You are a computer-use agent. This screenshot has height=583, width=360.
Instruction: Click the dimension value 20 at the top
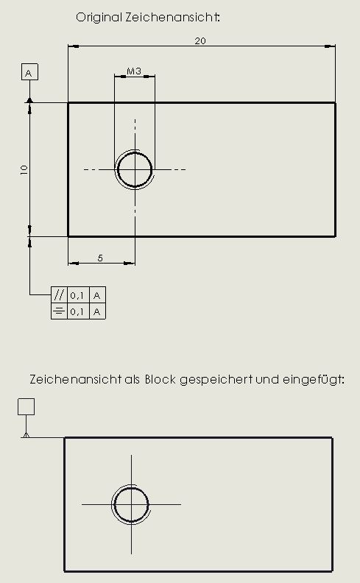(200, 41)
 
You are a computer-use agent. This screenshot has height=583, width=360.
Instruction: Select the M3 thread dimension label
(134, 71)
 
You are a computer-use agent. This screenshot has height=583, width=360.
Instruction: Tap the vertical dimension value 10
(24, 170)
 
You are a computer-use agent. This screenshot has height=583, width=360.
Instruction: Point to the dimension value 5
(100, 258)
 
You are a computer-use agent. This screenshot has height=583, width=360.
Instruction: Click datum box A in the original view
(29, 72)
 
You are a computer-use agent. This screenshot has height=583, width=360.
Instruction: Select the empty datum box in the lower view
(26, 407)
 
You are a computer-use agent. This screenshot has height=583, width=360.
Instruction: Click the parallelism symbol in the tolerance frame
(59, 295)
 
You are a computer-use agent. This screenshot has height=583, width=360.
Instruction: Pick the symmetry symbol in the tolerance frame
(59, 311)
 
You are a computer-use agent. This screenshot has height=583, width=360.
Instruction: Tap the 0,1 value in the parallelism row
(77, 295)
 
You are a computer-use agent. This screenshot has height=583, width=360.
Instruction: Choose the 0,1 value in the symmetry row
(77, 311)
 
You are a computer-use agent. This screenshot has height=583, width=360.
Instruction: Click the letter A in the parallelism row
(97, 295)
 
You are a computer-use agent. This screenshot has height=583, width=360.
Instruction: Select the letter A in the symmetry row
(97, 311)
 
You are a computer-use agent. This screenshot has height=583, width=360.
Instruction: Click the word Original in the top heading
(99, 17)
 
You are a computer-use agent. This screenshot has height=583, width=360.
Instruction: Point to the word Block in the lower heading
(160, 379)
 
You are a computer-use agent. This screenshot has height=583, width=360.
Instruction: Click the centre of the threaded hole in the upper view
(135, 169)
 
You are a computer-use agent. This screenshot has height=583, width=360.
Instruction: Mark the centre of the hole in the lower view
(131, 504)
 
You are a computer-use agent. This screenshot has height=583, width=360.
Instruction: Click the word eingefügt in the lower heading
(314, 380)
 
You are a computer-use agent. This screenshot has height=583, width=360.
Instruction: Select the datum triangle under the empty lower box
(26, 434)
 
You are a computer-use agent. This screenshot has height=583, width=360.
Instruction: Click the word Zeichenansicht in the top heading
(172, 17)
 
